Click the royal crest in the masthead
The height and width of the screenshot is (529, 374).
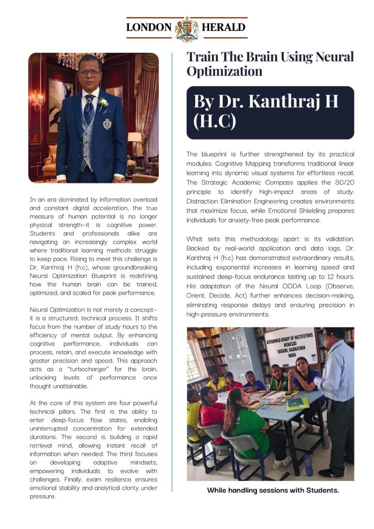tap(187, 28)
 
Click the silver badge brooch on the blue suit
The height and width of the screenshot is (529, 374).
tap(107, 123)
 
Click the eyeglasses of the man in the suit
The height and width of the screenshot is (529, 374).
tap(90, 73)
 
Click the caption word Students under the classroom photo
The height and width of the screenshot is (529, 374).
tap(321, 490)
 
